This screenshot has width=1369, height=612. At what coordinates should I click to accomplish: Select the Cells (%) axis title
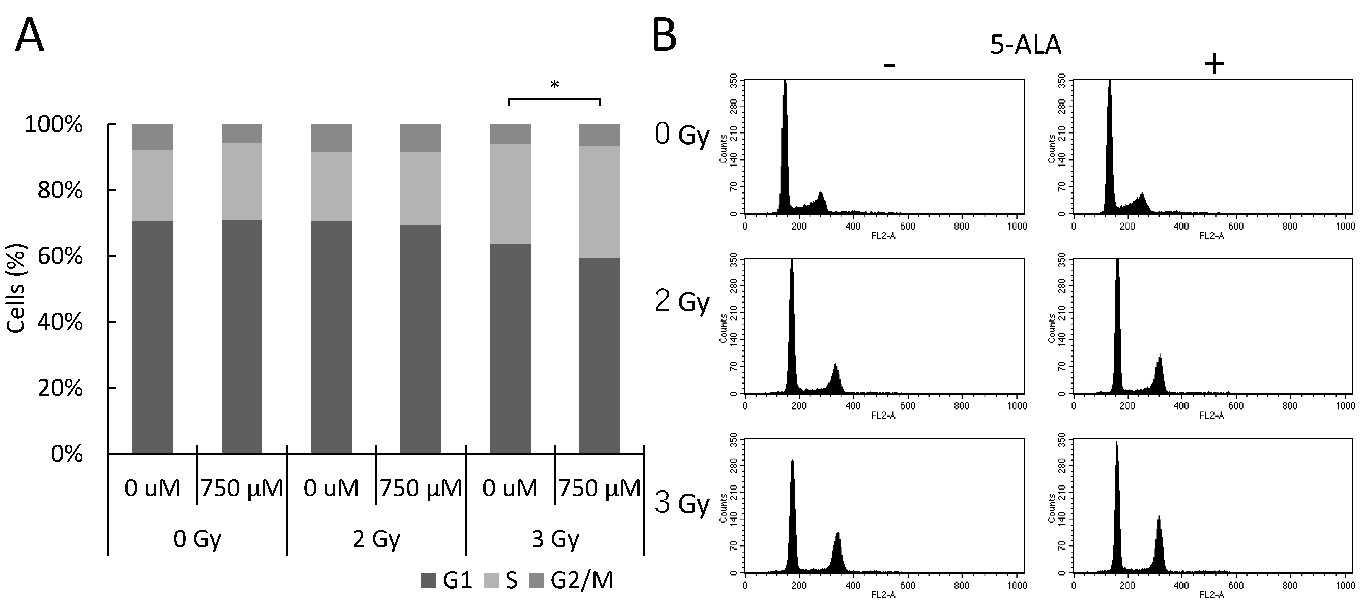[17, 288]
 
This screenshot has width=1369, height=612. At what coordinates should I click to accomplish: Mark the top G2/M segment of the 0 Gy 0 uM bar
[152, 137]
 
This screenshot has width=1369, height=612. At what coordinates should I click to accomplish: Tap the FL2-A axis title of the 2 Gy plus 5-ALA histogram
[1211, 415]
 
